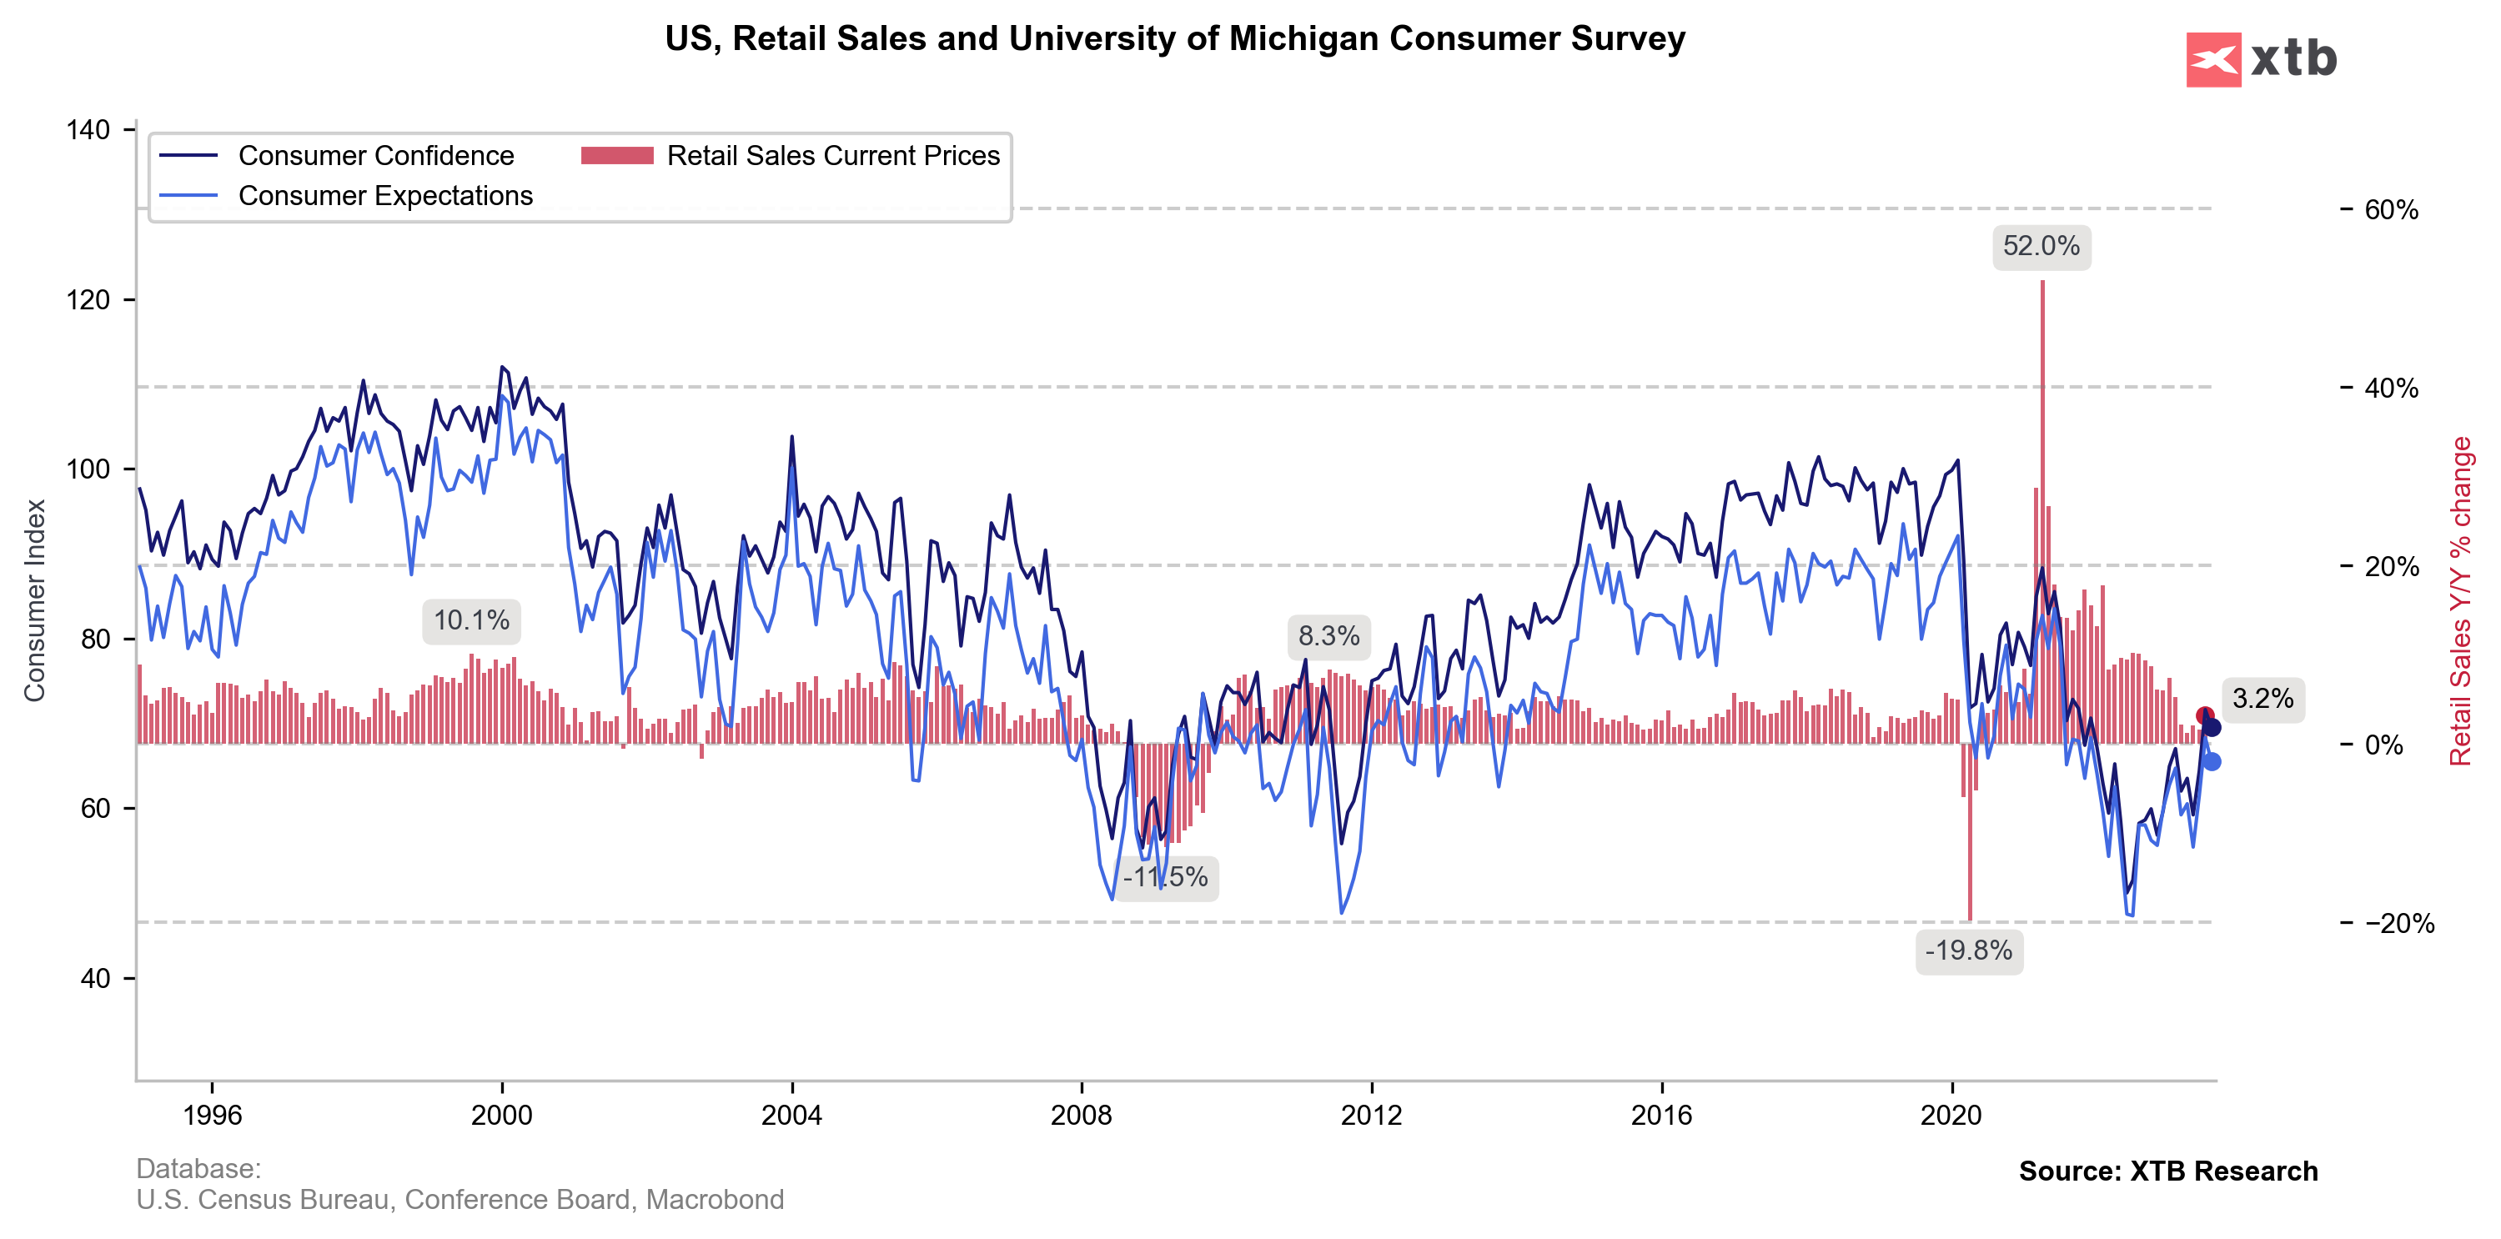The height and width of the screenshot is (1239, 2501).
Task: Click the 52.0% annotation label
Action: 2041,247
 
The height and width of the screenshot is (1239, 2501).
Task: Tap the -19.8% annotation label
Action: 1968,950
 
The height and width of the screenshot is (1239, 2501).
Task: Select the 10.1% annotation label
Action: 471,620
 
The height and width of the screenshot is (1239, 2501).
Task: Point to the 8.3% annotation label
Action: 1328,636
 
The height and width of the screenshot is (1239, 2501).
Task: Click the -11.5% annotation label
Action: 1165,877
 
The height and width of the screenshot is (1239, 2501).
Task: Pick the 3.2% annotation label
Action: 2262,698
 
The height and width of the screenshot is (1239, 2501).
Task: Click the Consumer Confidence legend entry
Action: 376,155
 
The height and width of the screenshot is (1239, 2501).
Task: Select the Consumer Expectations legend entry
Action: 385,195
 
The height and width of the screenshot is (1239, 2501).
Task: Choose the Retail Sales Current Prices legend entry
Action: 832,155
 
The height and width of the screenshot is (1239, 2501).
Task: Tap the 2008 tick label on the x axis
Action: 1081,1115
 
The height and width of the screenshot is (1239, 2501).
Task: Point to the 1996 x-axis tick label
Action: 212,1115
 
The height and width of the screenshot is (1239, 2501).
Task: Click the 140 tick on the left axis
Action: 88,130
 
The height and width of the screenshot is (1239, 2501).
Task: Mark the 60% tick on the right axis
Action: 2390,210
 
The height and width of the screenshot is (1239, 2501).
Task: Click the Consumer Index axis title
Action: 35,600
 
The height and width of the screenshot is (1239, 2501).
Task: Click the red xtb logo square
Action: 2212,59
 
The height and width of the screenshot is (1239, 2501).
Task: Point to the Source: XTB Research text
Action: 2167,1171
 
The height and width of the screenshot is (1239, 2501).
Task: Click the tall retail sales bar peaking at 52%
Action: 2042,485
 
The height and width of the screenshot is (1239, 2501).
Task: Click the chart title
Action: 1175,39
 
